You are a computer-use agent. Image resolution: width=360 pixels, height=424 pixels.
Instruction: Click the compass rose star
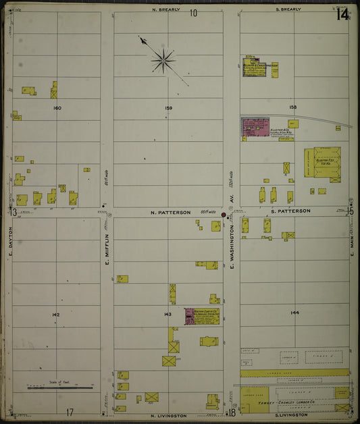(x=163, y=61)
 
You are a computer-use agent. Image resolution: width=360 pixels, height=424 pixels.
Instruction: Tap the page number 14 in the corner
(x=342, y=14)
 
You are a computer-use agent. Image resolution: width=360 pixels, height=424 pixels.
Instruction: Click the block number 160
(x=57, y=108)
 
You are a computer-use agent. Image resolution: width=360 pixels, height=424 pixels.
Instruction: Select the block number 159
(x=168, y=108)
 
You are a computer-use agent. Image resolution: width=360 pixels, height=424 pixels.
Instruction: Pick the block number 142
(x=55, y=315)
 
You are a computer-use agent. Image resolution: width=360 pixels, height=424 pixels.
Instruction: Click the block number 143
(x=168, y=315)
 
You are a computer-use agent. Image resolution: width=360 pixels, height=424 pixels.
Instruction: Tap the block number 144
(x=294, y=313)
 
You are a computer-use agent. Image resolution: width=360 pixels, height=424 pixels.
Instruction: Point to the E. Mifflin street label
(x=107, y=248)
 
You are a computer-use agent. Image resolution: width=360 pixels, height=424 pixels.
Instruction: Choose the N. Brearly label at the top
(x=164, y=10)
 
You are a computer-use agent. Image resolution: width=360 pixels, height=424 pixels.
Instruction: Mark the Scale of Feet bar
(x=61, y=388)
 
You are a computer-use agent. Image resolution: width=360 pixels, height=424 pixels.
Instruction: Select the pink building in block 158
(x=255, y=128)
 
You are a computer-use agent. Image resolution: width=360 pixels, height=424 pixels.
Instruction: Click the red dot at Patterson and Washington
(x=224, y=215)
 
